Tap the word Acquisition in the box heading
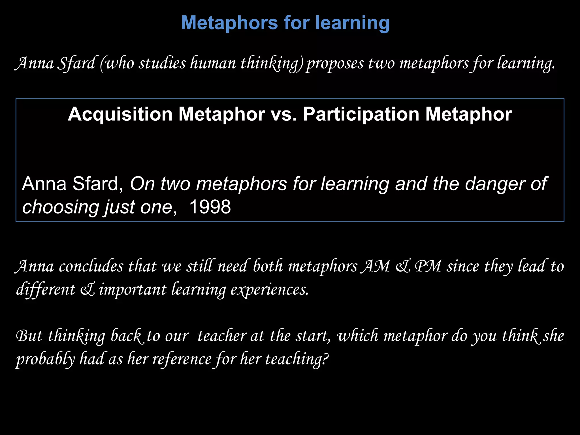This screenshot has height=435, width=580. click(120, 114)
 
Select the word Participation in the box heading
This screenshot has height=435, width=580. click(361, 114)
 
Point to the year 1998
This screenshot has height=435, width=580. click(210, 207)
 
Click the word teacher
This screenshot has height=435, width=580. click(222, 336)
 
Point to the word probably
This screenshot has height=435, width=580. click(45, 359)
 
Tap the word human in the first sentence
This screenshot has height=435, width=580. click(213, 63)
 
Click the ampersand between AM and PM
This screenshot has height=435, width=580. click(402, 267)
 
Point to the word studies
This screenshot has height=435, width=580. click(162, 63)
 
